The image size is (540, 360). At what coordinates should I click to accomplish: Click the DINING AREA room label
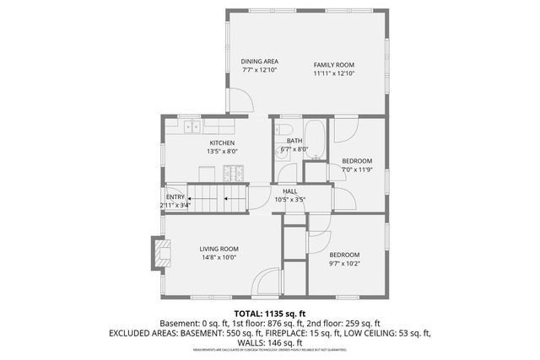click(x=260, y=62)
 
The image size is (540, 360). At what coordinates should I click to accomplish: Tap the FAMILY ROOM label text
click(x=334, y=65)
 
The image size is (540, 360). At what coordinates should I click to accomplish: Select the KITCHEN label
click(x=222, y=143)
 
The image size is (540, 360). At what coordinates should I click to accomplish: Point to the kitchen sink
click(x=192, y=127)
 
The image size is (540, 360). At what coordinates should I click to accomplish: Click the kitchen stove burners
click(x=235, y=175)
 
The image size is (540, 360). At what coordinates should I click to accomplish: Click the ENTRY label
click(x=175, y=196)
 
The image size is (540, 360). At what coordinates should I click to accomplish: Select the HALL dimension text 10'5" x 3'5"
click(x=289, y=200)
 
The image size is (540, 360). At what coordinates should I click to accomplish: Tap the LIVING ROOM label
click(x=219, y=249)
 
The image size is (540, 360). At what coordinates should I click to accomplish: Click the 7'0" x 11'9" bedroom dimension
click(x=357, y=169)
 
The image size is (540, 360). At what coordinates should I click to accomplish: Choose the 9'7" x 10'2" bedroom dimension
click(x=344, y=264)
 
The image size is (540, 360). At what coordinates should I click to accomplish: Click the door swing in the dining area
click(x=241, y=100)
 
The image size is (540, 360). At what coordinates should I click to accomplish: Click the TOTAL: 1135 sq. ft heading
click(x=269, y=314)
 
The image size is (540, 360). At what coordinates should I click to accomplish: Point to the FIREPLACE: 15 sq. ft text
click(x=304, y=333)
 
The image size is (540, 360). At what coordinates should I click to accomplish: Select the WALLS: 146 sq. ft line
click(x=269, y=342)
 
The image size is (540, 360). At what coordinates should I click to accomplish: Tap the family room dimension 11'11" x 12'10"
click(x=334, y=74)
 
